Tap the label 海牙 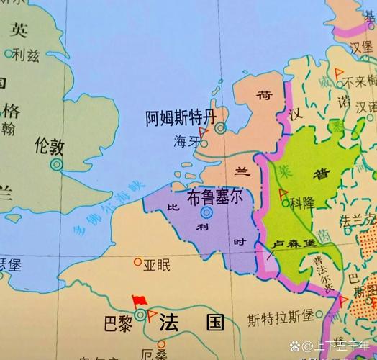[x=185, y=142]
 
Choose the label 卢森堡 [x=293, y=246]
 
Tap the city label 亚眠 [x=157, y=265]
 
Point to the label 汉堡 [x=361, y=46]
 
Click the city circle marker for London [x=57, y=164]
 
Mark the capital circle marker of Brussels [x=207, y=212]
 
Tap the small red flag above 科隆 [x=283, y=194]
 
